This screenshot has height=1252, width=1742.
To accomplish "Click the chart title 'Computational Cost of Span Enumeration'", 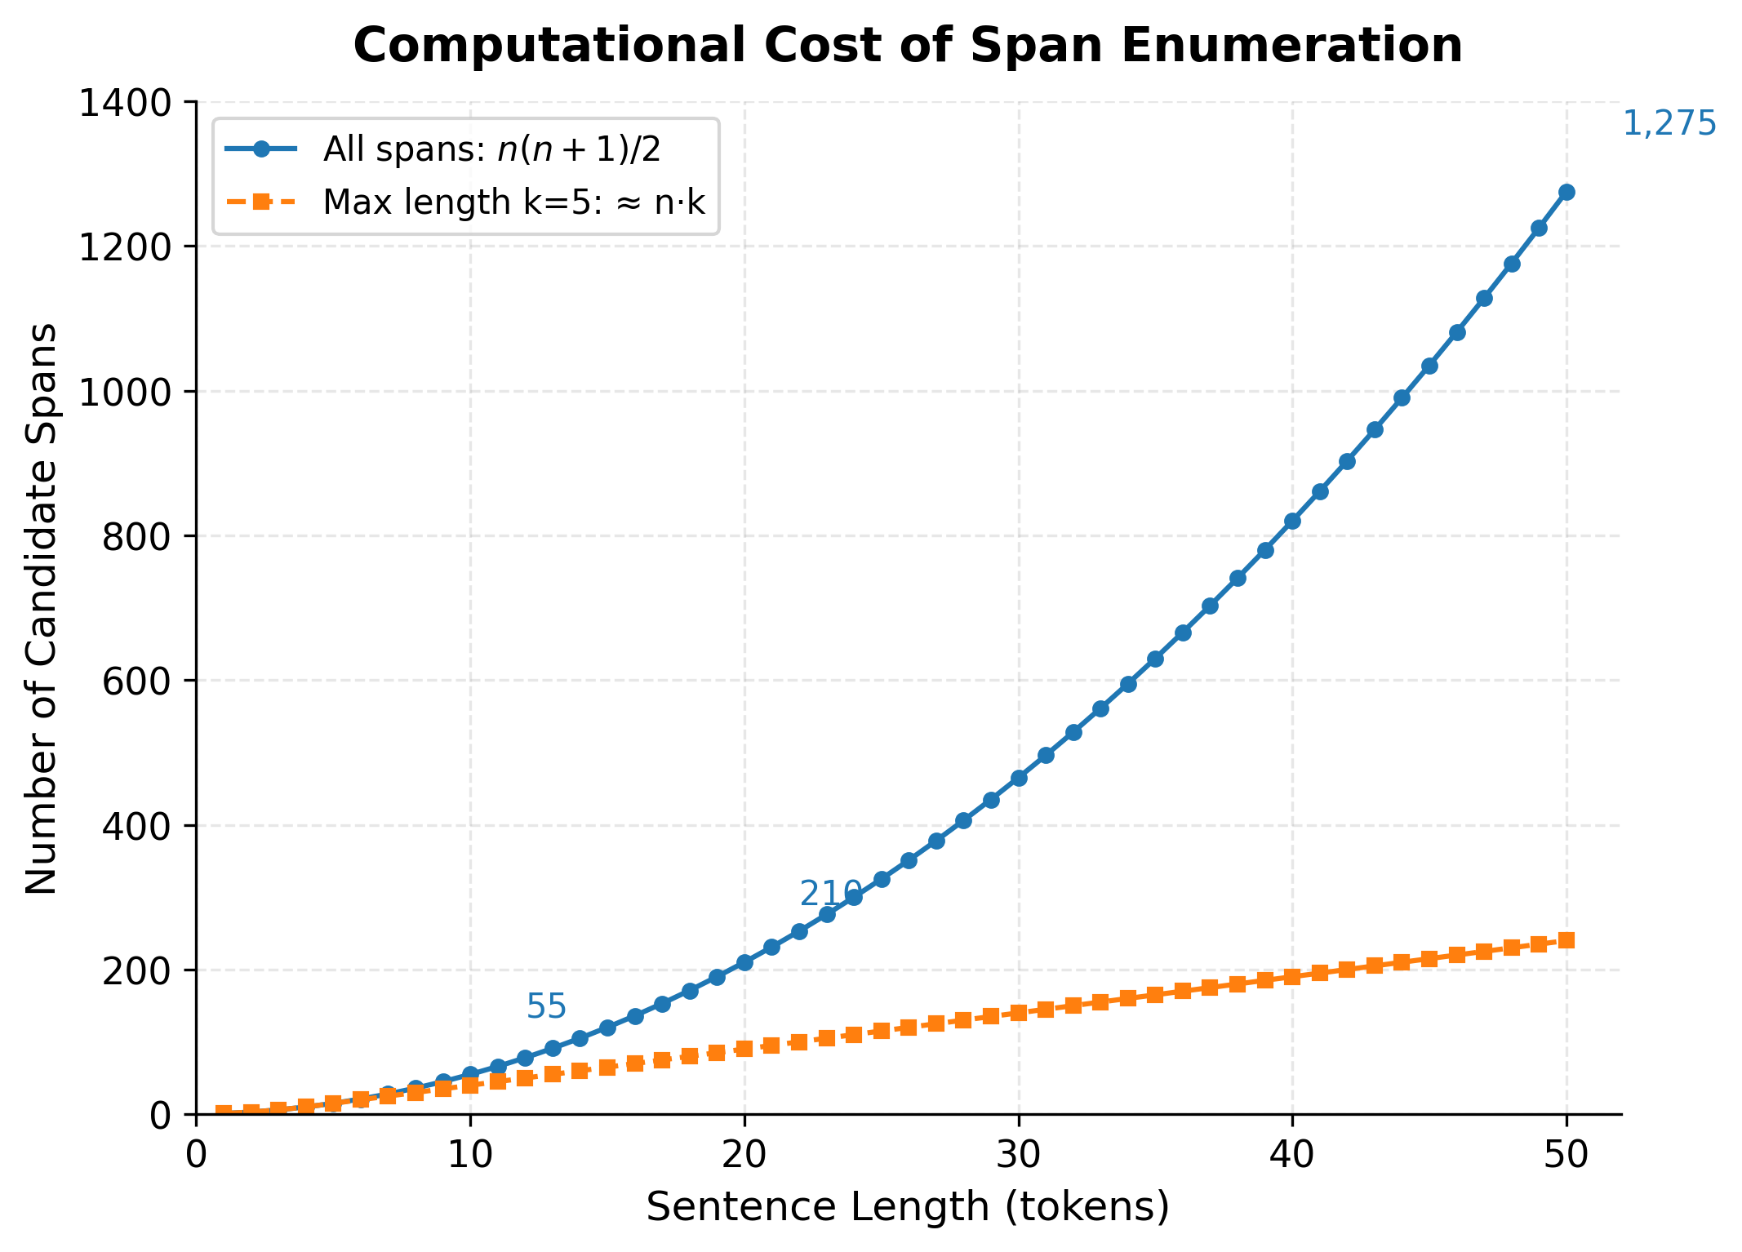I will tap(908, 45).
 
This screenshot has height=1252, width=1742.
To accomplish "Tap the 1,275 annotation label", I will tap(1669, 124).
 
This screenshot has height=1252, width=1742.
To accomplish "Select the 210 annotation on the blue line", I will tap(830, 894).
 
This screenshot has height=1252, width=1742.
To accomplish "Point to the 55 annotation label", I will tap(546, 1007).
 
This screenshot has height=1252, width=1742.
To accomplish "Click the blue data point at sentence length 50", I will tap(1566, 193).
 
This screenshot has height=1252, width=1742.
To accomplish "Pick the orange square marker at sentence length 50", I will tap(1566, 940).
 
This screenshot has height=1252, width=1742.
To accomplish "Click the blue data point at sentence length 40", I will tap(1292, 522).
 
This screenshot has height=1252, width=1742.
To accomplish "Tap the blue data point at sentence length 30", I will tap(1019, 779).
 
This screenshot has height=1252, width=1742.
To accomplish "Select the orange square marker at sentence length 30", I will tap(1019, 1013).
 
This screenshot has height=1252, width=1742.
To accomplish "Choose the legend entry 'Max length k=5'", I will tap(513, 202).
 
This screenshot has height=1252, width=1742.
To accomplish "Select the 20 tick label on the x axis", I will tap(744, 1155).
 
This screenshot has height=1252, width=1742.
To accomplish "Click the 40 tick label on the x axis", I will tap(1292, 1155).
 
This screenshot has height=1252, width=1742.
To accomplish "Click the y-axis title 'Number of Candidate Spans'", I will tap(41, 608).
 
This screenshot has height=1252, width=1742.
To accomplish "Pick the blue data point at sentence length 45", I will tap(1429, 366).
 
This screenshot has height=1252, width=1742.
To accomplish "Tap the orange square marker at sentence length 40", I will tap(1292, 977).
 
